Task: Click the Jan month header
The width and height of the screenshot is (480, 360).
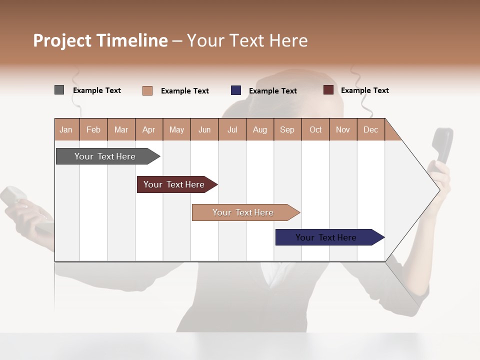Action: coord(66,129)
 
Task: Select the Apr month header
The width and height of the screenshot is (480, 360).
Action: coord(149,129)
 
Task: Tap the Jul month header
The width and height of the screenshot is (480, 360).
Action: coord(232,129)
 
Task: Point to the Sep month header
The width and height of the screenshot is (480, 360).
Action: coord(287,129)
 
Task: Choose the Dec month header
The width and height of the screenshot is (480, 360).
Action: coord(370,129)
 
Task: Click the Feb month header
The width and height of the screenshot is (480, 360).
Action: coord(93,129)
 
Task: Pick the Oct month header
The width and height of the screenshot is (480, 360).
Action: coord(315,129)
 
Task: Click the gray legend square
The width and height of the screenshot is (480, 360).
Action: coord(59,90)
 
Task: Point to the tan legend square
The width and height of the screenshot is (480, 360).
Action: coord(147,90)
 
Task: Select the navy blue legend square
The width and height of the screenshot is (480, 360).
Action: coord(236,90)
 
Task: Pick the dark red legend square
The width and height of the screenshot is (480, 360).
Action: coord(328,90)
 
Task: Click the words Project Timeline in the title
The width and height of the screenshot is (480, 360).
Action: coord(100,40)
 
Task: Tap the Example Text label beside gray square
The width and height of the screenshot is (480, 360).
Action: coord(97,90)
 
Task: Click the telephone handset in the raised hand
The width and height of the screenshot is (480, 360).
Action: coord(442,145)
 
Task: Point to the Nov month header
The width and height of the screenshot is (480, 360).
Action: coord(343,129)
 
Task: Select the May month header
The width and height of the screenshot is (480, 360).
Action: coord(176,129)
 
